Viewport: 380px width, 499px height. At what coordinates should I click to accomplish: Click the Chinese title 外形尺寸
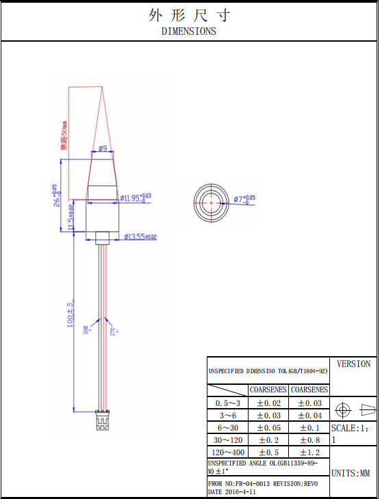(x=189, y=15)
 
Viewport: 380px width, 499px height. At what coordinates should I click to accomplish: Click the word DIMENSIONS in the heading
(x=189, y=31)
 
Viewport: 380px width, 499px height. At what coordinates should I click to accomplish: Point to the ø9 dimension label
(x=102, y=148)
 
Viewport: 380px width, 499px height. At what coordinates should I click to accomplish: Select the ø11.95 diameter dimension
(x=136, y=198)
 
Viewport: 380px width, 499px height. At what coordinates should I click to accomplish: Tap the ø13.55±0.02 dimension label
(x=140, y=237)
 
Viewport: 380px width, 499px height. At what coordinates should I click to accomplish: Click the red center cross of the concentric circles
(x=212, y=203)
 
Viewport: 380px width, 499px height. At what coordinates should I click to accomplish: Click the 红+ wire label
(x=114, y=331)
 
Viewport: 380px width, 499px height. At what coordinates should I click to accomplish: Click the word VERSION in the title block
(x=353, y=364)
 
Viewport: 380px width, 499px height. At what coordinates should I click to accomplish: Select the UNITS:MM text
(x=351, y=473)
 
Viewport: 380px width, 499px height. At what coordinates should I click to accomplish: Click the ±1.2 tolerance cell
(x=309, y=452)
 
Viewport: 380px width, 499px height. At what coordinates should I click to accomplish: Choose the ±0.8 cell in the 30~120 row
(x=309, y=440)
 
